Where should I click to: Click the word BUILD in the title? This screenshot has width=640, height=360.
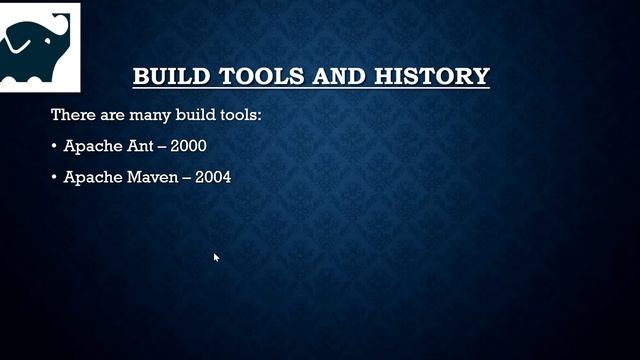[x=164, y=76]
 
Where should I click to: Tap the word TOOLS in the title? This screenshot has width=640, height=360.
[x=243, y=76]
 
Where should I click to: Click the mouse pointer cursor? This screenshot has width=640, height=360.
[x=216, y=258]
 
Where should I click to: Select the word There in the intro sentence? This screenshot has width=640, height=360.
[x=71, y=115]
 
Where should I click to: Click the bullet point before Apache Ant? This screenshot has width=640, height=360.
[x=54, y=147]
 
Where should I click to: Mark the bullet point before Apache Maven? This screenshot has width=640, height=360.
[x=54, y=179]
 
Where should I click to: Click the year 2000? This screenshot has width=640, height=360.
[x=189, y=146]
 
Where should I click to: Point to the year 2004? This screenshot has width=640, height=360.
[x=213, y=178]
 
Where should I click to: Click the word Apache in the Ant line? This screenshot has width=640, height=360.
[x=90, y=146]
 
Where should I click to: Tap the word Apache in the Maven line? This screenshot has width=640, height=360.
[x=90, y=178]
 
